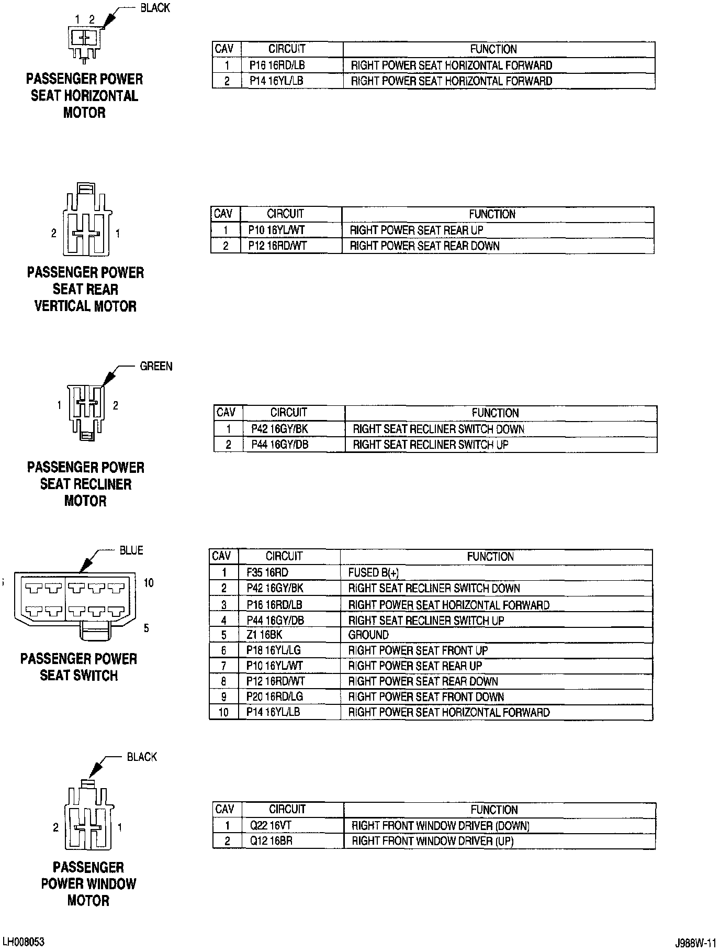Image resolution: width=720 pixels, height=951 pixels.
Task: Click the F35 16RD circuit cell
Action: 267,572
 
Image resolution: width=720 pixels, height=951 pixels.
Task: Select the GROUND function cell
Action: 368,635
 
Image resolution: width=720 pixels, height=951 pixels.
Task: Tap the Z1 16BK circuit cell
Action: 264,635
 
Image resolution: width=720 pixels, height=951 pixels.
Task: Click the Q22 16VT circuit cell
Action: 271,826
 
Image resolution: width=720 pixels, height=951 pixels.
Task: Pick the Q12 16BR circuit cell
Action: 271,841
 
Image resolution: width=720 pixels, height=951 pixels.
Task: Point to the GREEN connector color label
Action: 156,367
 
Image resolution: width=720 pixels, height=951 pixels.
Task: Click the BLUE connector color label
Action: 131,550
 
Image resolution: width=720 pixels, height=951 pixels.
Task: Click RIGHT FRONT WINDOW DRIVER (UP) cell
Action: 432,841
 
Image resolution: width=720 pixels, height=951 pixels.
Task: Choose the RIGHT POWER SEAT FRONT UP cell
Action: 418,650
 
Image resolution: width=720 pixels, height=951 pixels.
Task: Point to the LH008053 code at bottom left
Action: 24,942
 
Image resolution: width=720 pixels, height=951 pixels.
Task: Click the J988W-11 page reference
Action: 695,943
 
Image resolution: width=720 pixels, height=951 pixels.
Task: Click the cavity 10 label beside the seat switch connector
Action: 149,583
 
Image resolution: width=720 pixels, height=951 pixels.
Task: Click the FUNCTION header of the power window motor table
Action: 493,810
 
